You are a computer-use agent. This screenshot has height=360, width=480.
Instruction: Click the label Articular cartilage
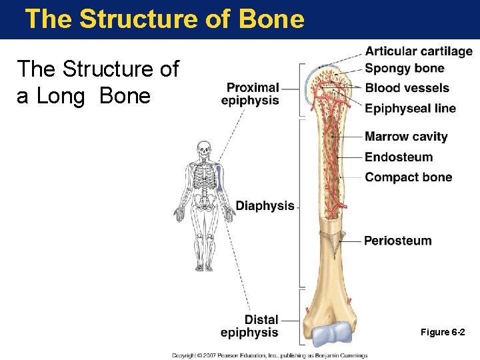pos(418,52)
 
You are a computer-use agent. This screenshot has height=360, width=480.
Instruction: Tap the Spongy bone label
pos(404,68)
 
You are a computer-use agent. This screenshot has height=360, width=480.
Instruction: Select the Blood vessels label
pos(407,88)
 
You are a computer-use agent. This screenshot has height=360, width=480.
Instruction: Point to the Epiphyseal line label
pos(410,109)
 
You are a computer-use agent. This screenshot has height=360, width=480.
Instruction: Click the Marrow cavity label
pos(406,137)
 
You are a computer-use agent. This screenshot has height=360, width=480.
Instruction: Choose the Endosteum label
pos(399,157)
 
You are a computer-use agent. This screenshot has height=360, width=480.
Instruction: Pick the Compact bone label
pos(408,177)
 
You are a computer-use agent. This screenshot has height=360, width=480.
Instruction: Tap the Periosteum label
pos(397,241)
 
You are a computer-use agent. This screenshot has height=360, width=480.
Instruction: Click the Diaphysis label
pos(265,206)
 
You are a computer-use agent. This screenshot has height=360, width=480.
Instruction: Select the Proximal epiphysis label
pos(251,94)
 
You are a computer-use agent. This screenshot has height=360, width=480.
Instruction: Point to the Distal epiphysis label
pos(250,326)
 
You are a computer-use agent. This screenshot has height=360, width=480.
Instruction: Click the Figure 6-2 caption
pos(443,332)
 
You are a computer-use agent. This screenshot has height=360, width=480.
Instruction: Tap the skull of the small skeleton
pos(204,151)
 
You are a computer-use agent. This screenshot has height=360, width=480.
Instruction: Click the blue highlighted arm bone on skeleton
pos(219,179)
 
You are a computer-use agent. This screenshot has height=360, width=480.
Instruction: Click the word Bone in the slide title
pos(269,19)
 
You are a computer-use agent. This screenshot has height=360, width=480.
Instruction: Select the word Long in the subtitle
pos(61,96)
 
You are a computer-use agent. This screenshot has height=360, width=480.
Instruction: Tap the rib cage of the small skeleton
pos(204,177)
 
